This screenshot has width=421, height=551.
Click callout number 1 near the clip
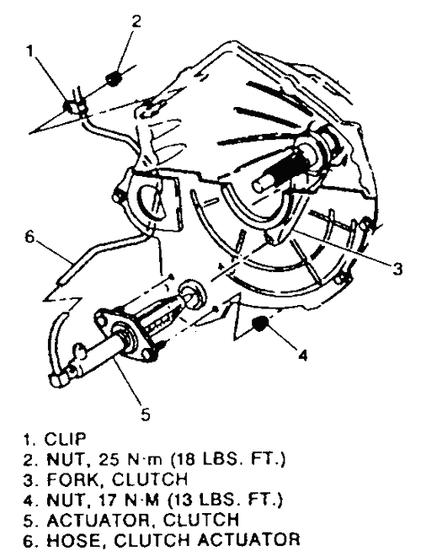coord(30,51)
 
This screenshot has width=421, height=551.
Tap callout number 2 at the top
coord(136,21)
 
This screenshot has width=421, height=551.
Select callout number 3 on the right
coord(397,269)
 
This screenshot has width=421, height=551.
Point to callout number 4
coord(302,355)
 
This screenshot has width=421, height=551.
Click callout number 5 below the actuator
coord(146,414)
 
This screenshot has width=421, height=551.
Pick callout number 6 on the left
coord(29,236)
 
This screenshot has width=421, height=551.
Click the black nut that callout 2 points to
coord(113,78)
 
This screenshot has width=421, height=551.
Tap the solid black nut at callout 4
coord(260,324)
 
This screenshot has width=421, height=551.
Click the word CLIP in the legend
coord(66,439)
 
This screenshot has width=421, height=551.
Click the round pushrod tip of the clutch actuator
coord(193,291)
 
